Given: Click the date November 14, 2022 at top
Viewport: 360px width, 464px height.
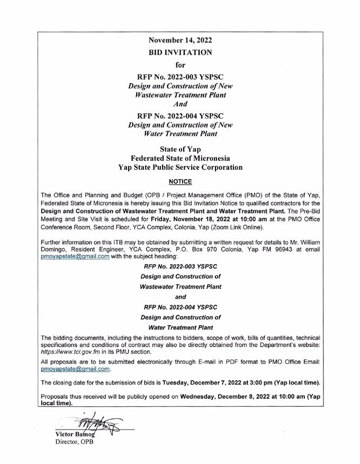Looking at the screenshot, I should coord(181,40).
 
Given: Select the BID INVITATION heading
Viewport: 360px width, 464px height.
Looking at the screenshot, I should coord(181,52).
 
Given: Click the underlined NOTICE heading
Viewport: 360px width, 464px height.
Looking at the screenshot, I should coord(181,182).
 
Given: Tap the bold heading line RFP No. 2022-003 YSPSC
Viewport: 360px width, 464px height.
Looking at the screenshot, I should coord(181,77).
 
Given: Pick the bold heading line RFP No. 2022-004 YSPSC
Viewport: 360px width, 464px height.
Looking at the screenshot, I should coord(181,116).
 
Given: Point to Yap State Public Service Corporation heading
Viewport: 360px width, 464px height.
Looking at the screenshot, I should coord(181,167).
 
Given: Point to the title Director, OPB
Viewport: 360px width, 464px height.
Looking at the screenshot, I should coord(75,442).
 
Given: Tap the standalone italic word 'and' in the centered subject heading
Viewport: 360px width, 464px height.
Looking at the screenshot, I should coord(181,297).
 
